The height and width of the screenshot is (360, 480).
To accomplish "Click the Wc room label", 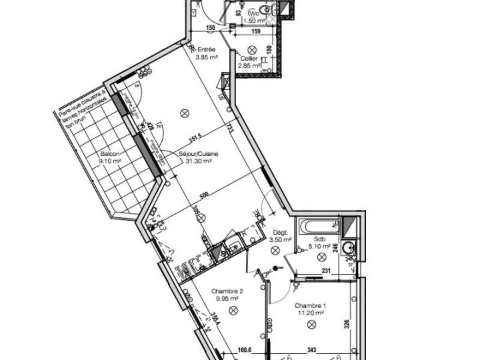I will click(x=254, y=13).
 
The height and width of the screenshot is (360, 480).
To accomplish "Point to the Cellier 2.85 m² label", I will click(x=250, y=62).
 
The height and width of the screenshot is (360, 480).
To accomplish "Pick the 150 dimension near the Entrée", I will click(x=210, y=28).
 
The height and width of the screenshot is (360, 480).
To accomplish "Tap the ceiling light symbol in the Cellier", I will click(x=252, y=49).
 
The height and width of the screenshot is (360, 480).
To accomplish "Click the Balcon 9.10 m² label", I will click(x=110, y=157).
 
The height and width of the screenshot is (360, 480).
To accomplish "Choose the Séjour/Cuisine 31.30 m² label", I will click(x=195, y=157).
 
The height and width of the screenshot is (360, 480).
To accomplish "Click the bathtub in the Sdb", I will click(x=319, y=227).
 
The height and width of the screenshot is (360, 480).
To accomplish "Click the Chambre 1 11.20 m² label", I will click(x=309, y=309).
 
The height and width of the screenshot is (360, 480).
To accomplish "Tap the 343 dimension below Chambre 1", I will click(x=311, y=348).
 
